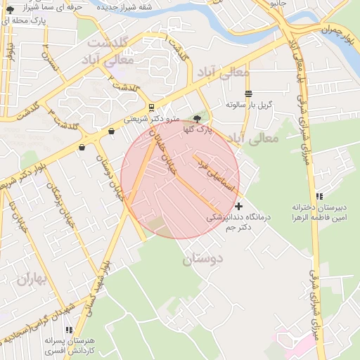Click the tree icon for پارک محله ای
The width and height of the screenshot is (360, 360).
(x=10, y=9)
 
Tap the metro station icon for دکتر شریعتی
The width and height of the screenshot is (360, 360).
(x=152, y=108)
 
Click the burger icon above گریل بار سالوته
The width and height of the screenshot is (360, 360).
(x=247, y=94)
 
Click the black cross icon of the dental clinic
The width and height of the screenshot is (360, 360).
(x=240, y=206)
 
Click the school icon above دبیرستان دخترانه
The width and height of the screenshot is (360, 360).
(x=320, y=196)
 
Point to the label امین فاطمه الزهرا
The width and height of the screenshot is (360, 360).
(x=321, y=219)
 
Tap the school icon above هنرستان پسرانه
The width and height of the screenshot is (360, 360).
(x=68, y=329)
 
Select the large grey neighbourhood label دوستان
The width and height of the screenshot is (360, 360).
(x=202, y=259)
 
